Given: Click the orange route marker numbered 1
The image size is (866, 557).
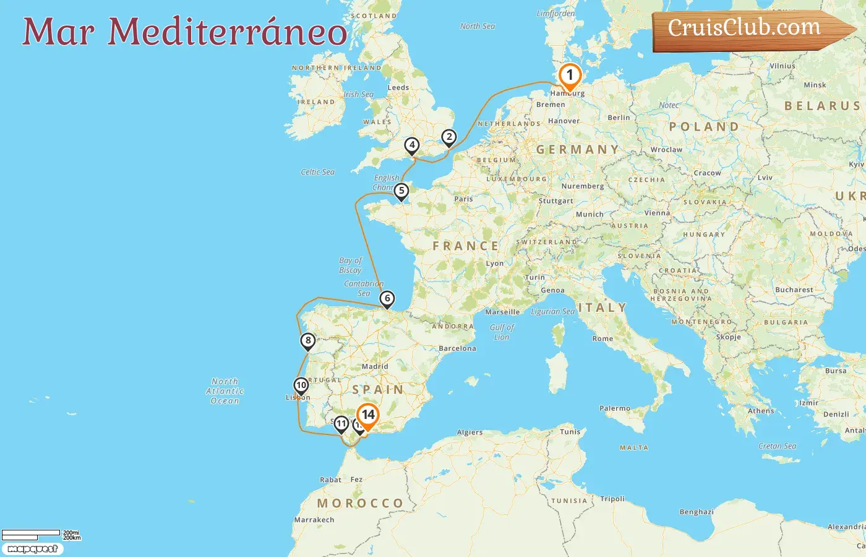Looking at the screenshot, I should pos(570,76).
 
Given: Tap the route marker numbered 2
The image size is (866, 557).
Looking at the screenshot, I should pos(449,137).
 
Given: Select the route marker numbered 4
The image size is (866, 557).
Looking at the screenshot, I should pos(412,145).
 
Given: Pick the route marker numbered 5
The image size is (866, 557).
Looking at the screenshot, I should pos(401,191).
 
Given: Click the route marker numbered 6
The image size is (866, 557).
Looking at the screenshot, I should pos(387,299).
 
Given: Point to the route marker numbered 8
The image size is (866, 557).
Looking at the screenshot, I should pos(307,340).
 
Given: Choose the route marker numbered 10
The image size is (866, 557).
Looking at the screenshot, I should pos(301,386).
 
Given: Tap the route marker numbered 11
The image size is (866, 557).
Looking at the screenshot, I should pos(341,424).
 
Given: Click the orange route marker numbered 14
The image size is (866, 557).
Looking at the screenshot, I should pos(368,415).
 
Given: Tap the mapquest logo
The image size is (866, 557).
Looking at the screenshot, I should pos(32,549).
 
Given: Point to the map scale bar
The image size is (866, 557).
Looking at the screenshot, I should pos(31,534).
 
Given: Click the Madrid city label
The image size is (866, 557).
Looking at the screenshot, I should pos(375,366).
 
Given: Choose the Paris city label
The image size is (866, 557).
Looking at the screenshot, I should pos(463,199).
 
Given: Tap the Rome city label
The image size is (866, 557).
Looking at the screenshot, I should pos(602,339).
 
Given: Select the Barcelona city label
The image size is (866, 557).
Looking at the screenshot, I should pos(457,348).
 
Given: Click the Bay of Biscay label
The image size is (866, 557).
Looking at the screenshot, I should pos(350,265).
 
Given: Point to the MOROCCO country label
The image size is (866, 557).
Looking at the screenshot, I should pos(360,503).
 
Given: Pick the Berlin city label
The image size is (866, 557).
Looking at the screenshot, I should pos(619,118).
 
